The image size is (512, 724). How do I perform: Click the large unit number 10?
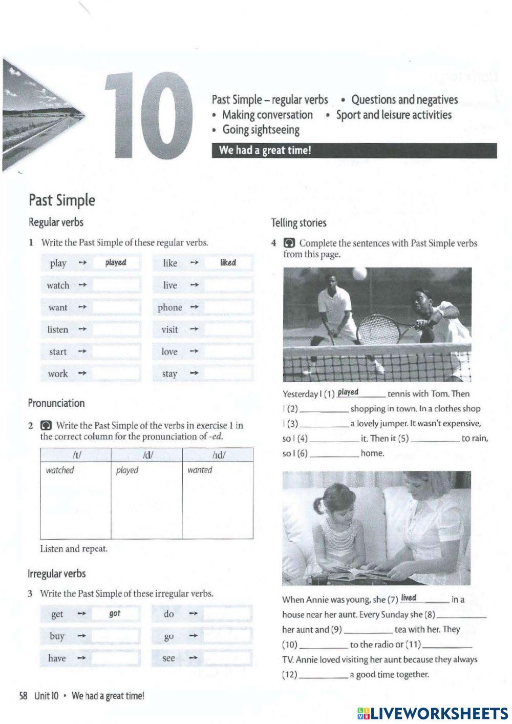pos(148,115)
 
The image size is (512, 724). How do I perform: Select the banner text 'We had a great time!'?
pos(265,151)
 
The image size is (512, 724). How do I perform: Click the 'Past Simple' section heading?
pos(61,200)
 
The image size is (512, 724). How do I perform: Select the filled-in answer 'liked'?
pos(228,263)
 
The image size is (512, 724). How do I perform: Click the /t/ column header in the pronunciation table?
pos(76,455)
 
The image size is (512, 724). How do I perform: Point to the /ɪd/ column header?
pos(218,455)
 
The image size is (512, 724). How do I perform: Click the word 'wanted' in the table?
pos(200,470)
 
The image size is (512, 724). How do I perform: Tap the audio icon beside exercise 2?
pos(46,425)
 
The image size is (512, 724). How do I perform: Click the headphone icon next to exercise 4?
pos(289,243)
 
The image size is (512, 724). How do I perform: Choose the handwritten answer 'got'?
pos(115,613)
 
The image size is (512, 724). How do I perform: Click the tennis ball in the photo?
pos(359,274)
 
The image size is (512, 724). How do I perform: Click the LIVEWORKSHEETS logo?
pos(433,713)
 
